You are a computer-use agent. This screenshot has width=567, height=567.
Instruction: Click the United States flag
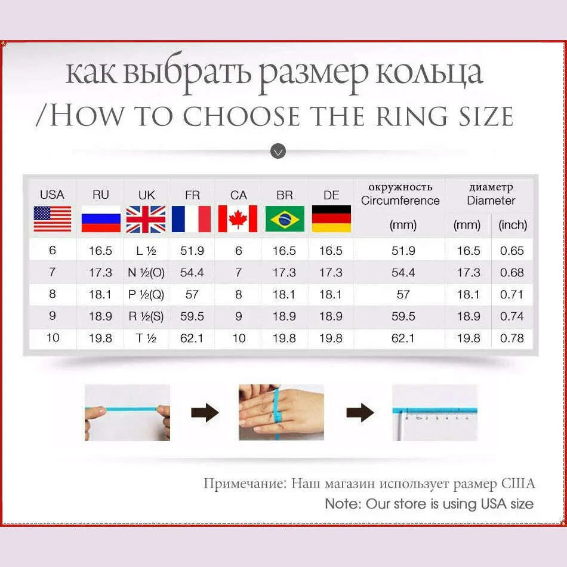52,219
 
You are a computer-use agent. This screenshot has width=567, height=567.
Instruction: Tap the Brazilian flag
284,219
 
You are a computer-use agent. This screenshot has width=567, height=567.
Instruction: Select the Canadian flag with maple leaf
238,219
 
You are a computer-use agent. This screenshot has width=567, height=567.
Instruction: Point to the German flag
331,219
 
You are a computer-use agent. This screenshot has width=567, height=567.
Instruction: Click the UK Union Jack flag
146,219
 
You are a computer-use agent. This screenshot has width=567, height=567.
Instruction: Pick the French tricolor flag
192,219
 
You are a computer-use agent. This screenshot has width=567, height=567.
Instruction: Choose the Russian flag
100,219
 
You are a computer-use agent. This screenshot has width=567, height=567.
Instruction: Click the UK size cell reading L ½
146,251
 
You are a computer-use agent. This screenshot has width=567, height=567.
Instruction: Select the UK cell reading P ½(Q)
146,295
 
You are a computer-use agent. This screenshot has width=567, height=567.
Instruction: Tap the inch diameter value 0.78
512,338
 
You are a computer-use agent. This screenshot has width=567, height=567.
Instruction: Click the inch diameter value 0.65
512,251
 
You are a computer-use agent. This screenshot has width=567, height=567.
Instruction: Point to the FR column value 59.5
192,316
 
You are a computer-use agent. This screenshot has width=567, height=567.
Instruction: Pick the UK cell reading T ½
146,338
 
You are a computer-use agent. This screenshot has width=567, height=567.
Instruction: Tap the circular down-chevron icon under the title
278,151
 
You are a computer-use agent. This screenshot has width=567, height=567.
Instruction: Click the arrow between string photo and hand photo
205,412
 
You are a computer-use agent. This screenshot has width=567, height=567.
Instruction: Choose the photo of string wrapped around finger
281,412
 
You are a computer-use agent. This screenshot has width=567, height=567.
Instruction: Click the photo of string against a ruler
435,412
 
